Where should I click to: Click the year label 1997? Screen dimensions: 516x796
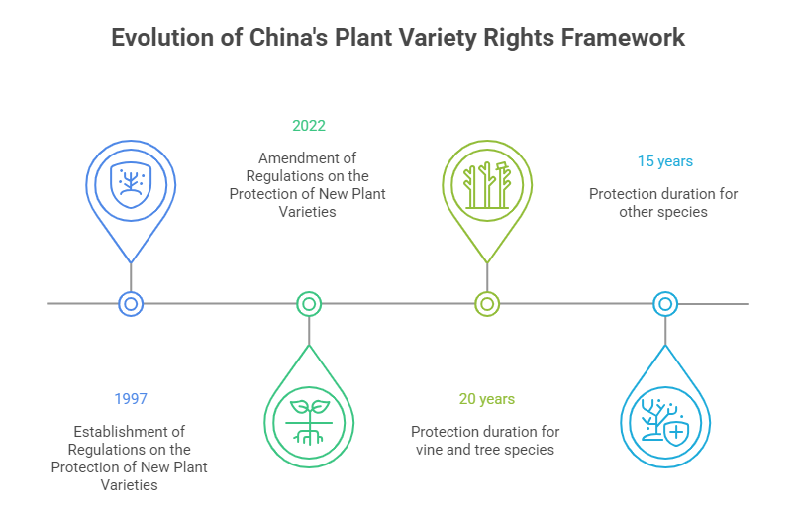pyautogui.click(x=130, y=399)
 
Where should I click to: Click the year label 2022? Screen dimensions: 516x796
pyautogui.click(x=308, y=126)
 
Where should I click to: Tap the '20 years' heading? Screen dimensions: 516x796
pyautogui.click(x=486, y=399)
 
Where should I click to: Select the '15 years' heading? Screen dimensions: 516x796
pyautogui.click(x=664, y=160)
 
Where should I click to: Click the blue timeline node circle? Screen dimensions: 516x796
pyautogui.click(x=131, y=304)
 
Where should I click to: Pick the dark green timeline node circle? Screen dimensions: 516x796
pyautogui.click(x=309, y=304)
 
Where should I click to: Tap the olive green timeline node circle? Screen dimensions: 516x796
pyautogui.click(x=486, y=304)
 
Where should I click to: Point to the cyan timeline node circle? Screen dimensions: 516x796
pyautogui.click(x=665, y=304)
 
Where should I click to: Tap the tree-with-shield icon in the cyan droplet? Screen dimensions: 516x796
pyautogui.click(x=665, y=421)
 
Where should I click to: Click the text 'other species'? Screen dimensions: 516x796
pyautogui.click(x=664, y=211)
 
